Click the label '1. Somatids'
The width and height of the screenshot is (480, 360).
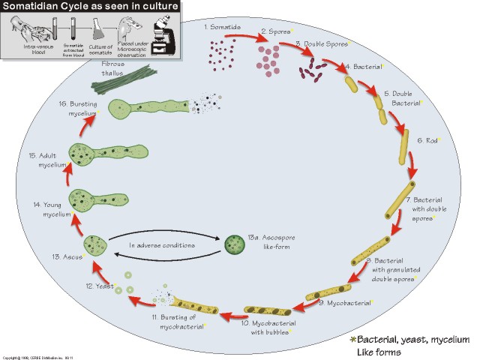coord(222,27)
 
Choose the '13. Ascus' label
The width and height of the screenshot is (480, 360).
coord(67,256)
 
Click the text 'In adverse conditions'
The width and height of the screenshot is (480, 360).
coord(162,245)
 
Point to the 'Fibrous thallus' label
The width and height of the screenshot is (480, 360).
coord(116,67)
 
